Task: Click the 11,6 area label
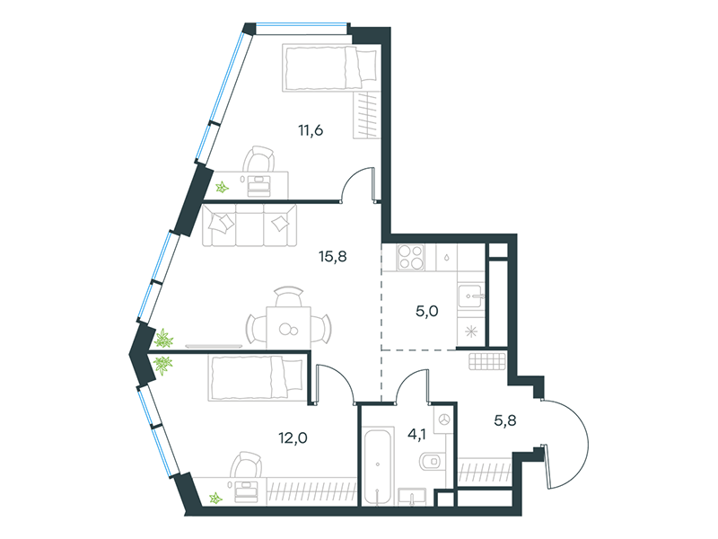311,130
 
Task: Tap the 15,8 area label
333,257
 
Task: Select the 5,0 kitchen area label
427,312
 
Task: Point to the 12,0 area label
293,438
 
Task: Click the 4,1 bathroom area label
416,434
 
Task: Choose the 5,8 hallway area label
505,420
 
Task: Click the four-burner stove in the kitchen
411,257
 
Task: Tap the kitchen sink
470,296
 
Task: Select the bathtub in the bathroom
378,466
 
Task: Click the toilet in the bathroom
432,461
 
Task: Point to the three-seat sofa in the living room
250,225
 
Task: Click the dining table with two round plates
288,327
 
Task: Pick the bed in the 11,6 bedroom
329,68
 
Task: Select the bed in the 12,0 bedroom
257,377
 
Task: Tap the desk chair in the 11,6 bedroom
259,160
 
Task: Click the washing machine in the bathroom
444,419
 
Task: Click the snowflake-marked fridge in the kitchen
470,331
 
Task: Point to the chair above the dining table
288,296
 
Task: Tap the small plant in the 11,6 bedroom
222,187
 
